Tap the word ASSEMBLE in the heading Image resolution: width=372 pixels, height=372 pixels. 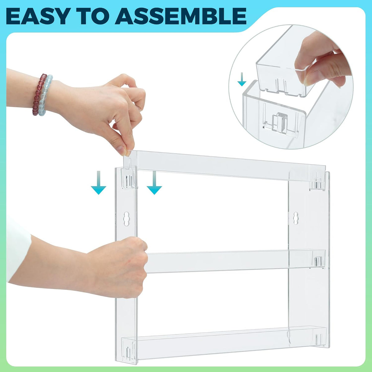pyautogui.click(x=180, y=16)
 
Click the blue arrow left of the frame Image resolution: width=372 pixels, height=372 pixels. pyautogui.click(x=99, y=182)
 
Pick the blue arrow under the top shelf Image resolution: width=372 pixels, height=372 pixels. pyautogui.click(x=154, y=182)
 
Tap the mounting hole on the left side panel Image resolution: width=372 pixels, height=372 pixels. pyautogui.click(x=126, y=219)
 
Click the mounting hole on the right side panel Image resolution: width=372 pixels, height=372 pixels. pyautogui.click(x=296, y=218)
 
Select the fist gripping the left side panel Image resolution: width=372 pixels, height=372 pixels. pyautogui.click(x=124, y=265)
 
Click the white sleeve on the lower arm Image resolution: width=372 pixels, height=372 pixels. pyautogui.click(x=18, y=249)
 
